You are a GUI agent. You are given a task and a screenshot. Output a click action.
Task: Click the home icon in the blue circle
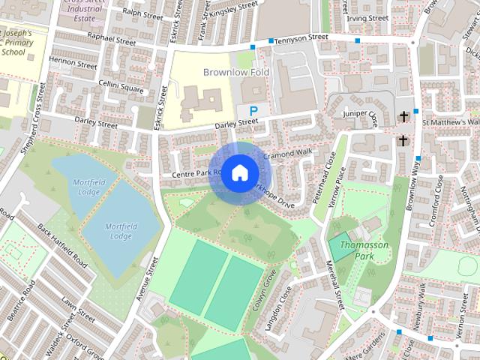[x=238, y=173]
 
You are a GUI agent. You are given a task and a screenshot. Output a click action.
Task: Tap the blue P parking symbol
[x=253, y=110]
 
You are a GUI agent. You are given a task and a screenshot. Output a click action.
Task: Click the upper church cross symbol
[x=404, y=116]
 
